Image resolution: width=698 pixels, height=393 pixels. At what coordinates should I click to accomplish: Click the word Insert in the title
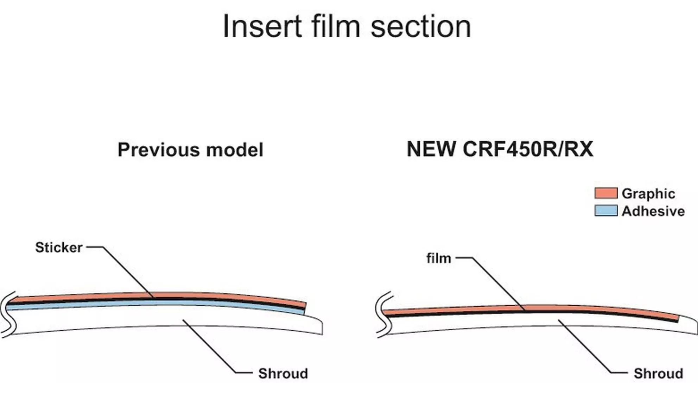pos(262,27)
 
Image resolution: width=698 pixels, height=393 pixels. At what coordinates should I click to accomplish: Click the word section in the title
pos(421,27)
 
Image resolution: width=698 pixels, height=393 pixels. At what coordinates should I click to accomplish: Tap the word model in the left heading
pos(235,150)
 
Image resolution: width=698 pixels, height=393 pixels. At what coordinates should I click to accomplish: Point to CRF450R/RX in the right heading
pos(528,149)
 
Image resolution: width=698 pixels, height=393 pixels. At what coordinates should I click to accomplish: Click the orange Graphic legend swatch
pos(606,193)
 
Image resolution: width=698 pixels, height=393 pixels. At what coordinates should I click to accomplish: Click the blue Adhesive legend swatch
pos(606,211)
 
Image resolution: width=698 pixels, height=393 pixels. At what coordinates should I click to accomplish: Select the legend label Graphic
pos(648,194)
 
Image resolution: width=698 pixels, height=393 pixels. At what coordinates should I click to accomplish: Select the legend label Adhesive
pos(653,211)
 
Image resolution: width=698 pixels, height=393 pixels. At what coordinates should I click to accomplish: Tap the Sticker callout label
pos(59,248)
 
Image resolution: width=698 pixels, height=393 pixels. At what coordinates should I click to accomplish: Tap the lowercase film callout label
pos(438,258)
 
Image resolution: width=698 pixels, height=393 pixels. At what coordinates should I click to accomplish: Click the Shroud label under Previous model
pos(283,374)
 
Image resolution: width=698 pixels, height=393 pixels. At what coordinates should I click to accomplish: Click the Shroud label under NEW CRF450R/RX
pos(658,374)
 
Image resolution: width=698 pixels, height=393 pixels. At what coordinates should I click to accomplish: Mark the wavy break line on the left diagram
pos(8,313)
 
